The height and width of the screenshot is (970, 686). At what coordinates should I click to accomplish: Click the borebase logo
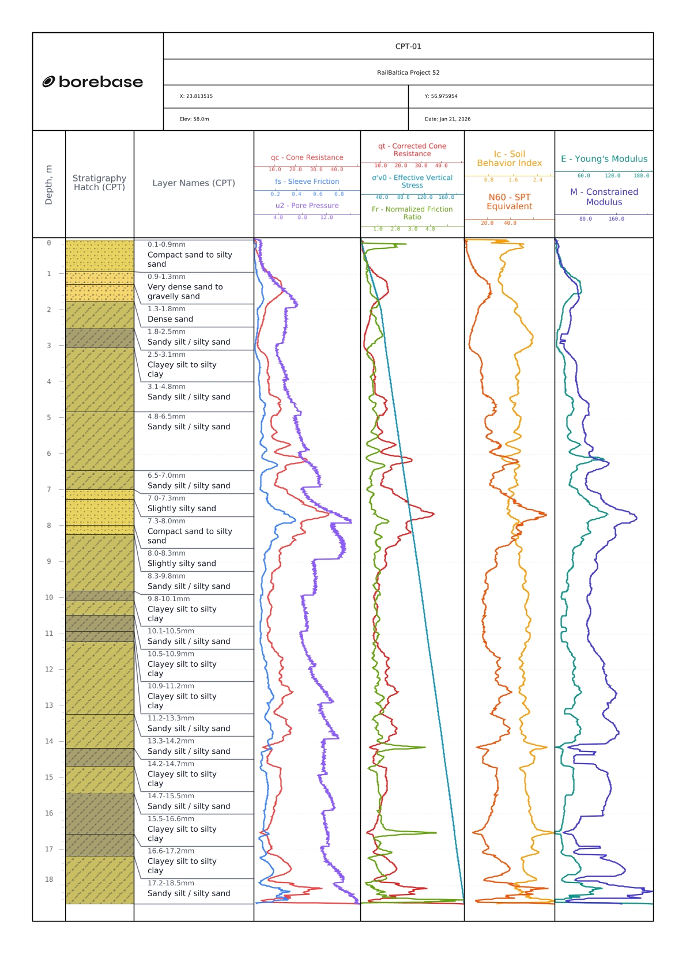pyautogui.click(x=93, y=82)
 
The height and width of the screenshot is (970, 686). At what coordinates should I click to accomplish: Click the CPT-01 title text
pyautogui.click(x=408, y=46)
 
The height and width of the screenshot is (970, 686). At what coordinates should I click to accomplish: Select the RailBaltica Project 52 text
pyautogui.click(x=408, y=73)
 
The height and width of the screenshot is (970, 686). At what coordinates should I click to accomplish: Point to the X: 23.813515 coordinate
pyautogui.click(x=196, y=96)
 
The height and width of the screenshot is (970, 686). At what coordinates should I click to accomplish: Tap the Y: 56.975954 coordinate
pyautogui.click(x=441, y=96)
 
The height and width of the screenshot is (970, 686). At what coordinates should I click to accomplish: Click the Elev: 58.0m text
pyautogui.click(x=194, y=119)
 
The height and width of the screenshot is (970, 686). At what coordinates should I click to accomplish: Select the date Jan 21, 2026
pyautogui.click(x=447, y=119)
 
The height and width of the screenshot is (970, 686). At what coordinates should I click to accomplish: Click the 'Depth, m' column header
pyautogui.click(x=49, y=184)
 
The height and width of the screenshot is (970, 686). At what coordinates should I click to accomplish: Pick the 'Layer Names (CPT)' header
pyautogui.click(x=194, y=183)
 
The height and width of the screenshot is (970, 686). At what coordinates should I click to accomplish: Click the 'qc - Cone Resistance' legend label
pyautogui.click(x=307, y=157)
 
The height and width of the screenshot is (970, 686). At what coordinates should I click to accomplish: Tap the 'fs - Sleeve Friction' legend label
pyautogui.click(x=307, y=182)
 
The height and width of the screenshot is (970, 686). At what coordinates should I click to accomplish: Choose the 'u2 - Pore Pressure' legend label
pyautogui.click(x=307, y=206)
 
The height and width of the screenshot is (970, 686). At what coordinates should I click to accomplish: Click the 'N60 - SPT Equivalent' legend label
pyautogui.click(x=510, y=202)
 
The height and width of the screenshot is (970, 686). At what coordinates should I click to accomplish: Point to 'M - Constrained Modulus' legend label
pyautogui.click(x=604, y=197)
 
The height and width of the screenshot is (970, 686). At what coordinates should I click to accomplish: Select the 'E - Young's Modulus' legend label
pyautogui.click(x=604, y=159)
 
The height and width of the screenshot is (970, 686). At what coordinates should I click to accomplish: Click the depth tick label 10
pyautogui.click(x=49, y=598)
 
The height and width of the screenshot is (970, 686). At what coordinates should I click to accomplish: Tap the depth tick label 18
pyautogui.click(x=49, y=880)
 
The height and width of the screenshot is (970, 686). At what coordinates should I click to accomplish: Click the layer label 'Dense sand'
pyautogui.click(x=170, y=319)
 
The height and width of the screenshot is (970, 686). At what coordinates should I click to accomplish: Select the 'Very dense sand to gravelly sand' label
pyautogui.click(x=184, y=292)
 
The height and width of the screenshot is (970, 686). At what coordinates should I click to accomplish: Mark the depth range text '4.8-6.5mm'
pyautogui.click(x=166, y=417)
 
